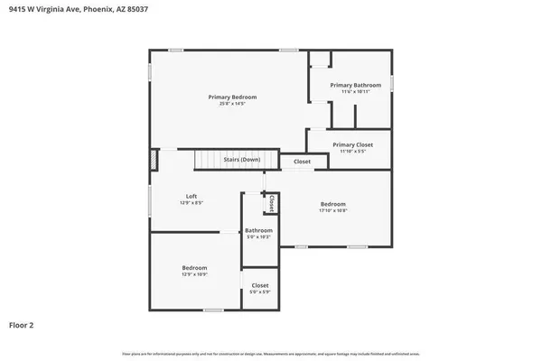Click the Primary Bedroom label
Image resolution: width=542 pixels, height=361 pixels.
(232, 97)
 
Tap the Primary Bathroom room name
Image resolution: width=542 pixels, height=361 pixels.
(355, 85)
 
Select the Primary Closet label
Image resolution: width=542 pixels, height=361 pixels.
(352, 144)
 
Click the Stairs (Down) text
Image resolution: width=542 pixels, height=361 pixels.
(242, 160)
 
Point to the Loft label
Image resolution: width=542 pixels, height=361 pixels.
(192, 196)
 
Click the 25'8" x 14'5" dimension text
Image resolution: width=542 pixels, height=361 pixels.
(232, 104)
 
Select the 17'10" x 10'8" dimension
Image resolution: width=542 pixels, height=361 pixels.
(332, 210)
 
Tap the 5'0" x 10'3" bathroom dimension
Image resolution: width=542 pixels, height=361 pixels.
(258, 237)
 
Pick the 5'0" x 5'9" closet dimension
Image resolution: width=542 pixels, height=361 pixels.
(260, 292)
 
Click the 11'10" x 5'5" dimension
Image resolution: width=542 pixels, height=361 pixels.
(352, 152)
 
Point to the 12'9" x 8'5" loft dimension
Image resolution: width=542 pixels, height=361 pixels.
(192, 203)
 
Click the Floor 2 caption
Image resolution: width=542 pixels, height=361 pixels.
(22, 324)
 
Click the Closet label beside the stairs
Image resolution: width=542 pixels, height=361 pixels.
(302, 162)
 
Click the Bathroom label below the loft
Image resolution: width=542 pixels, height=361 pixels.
(258, 230)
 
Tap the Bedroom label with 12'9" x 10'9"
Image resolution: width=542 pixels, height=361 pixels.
(194, 268)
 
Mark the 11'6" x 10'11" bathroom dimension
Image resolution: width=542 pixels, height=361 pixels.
(355, 92)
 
